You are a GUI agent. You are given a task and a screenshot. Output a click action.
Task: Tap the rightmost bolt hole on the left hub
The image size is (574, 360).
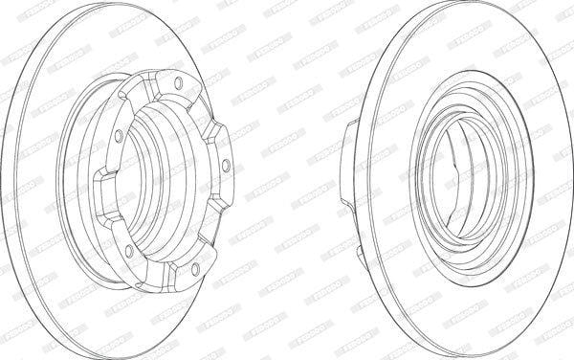pyautogui.click(x=226, y=166)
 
